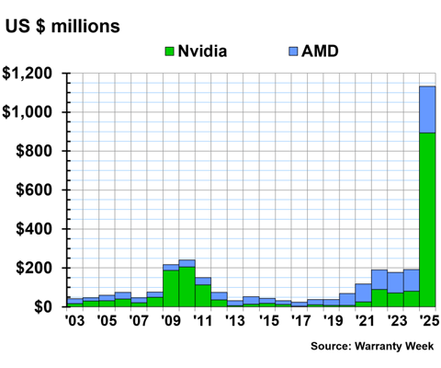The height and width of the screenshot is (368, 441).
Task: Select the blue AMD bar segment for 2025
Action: point(427,109)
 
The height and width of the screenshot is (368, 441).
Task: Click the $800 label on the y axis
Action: point(38,152)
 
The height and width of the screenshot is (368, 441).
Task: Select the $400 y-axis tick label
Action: point(38,229)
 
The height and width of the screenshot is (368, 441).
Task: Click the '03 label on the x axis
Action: point(74,321)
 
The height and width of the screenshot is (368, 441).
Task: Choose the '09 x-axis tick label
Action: point(170,321)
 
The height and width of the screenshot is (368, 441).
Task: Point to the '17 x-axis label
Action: point(299,321)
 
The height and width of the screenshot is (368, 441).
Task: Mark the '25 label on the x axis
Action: point(427,321)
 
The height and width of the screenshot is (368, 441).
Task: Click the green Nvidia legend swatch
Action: point(169,51)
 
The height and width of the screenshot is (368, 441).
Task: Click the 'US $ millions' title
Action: point(62,26)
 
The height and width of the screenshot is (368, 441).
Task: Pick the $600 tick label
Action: point(38,190)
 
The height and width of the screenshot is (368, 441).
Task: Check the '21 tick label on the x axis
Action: point(363,321)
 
